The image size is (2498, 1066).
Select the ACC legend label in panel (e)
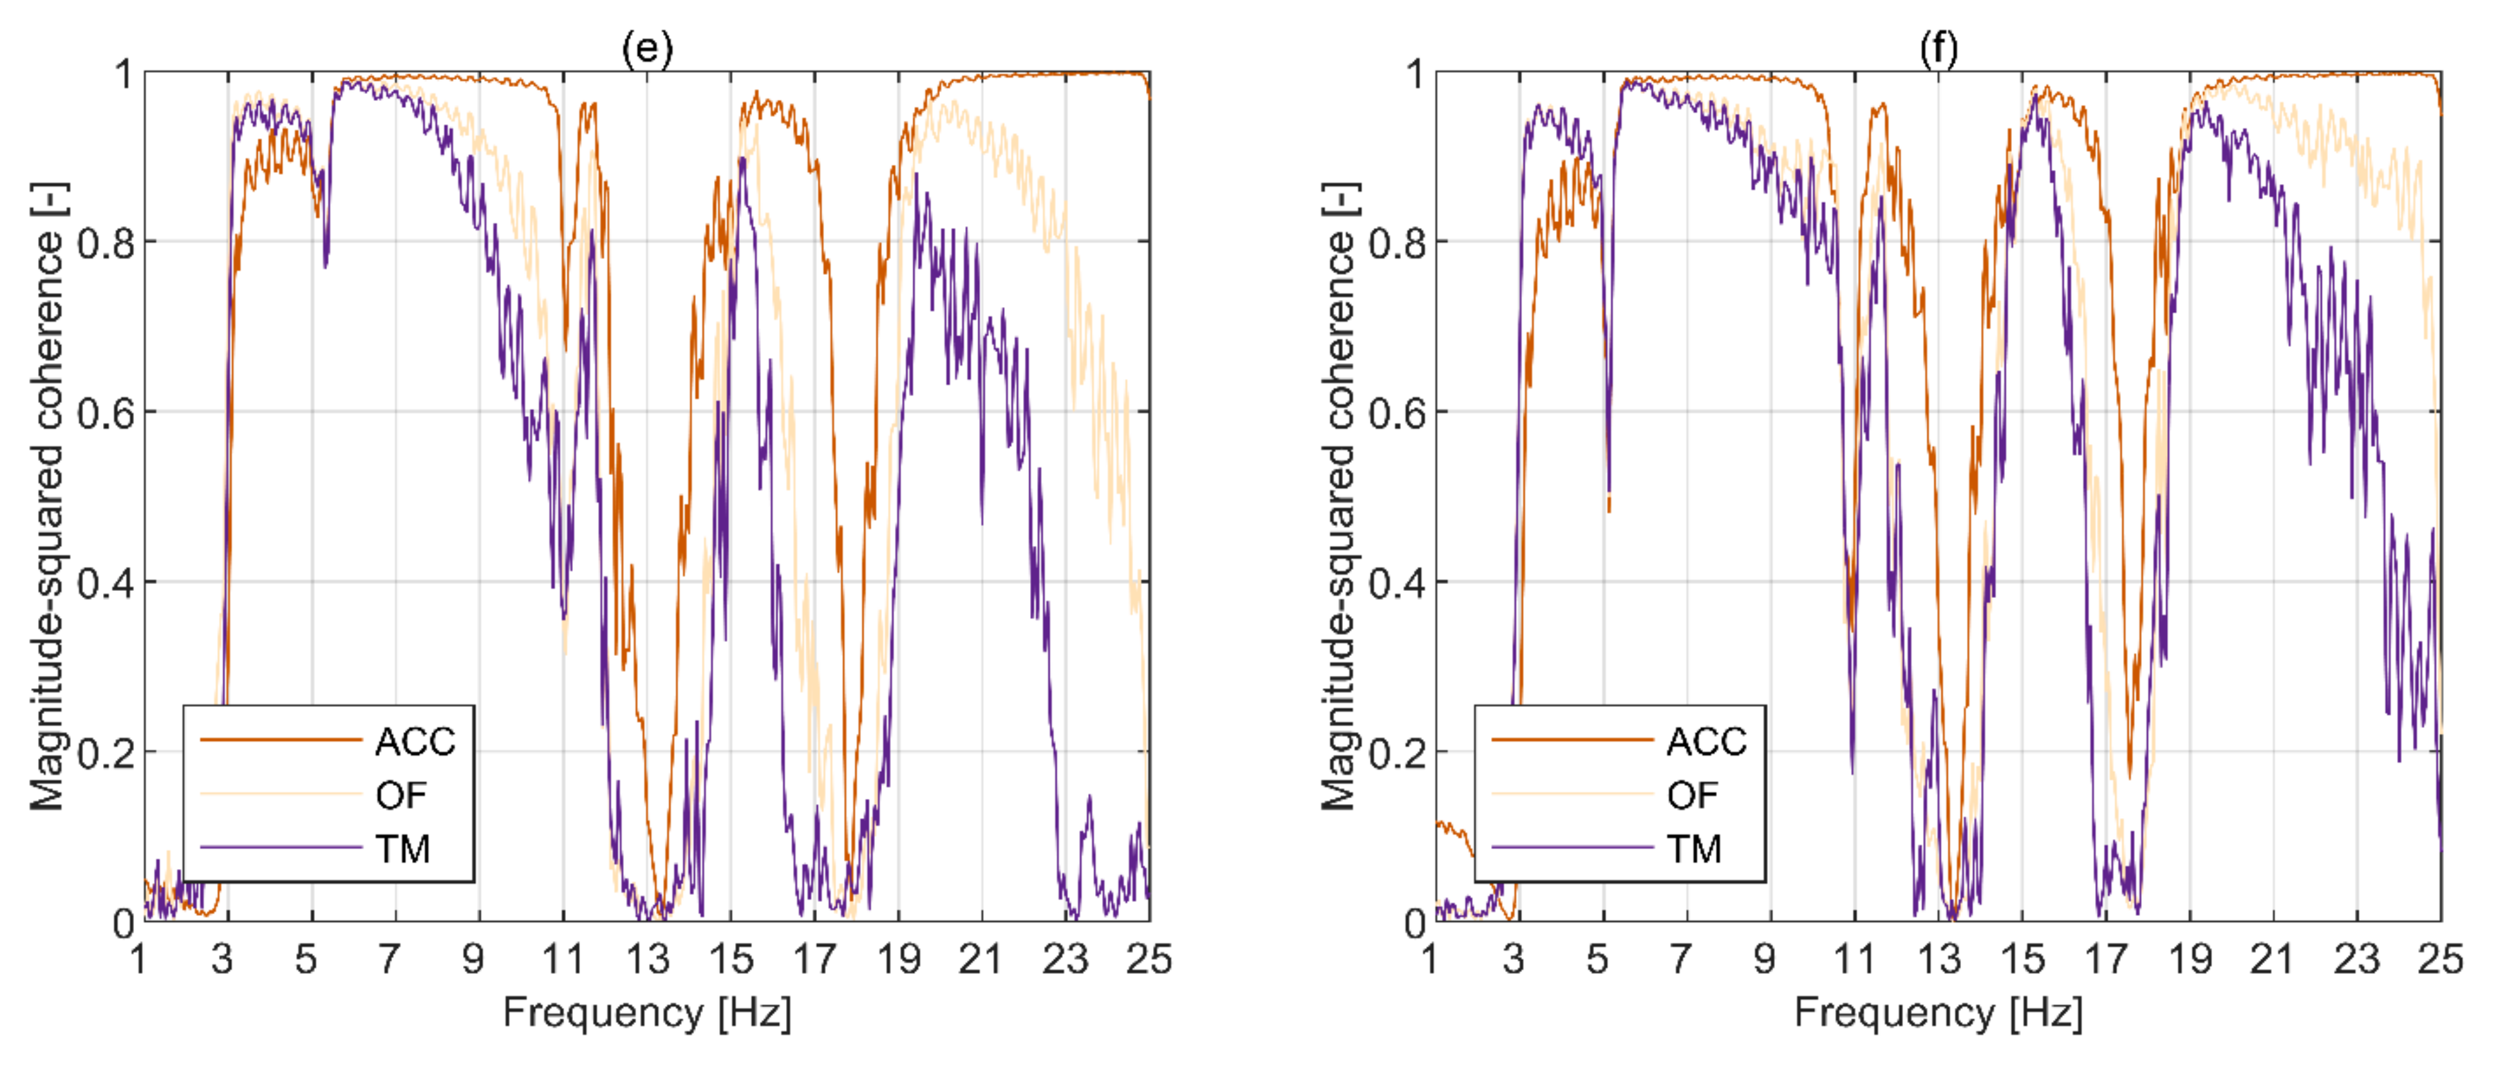(415, 742)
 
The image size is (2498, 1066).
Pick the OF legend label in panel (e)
(400, 796)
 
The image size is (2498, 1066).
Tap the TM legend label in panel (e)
(402, 848)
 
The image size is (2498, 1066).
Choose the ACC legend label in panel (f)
(1707, 742)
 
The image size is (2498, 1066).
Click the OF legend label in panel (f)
(1692, 796)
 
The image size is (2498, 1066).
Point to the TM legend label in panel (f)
(1694, 848)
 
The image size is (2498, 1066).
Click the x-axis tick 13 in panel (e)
(647, 959)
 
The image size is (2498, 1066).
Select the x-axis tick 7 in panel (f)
(1680, 959)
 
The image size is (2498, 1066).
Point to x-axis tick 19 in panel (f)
(2190, 959)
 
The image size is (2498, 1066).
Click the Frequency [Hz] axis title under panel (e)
(647, 1013)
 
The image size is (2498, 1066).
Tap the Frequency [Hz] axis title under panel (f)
(1939, 1013)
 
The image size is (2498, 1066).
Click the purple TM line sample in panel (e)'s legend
(281, 848)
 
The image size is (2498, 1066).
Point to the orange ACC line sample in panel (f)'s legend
(1573, 740)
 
